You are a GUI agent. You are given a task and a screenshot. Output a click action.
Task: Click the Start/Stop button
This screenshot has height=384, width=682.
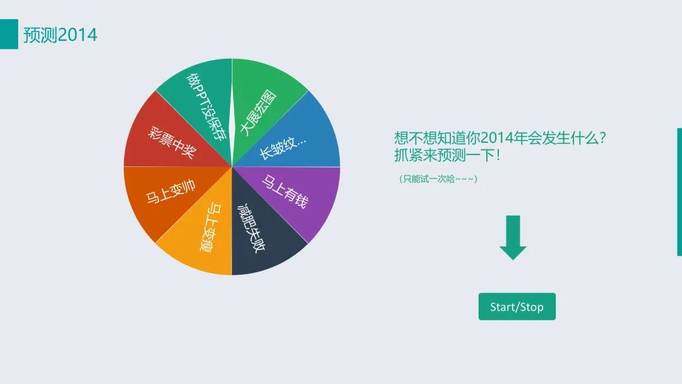click(517, 306)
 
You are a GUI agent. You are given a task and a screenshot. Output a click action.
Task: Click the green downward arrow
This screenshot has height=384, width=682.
click(513, 237)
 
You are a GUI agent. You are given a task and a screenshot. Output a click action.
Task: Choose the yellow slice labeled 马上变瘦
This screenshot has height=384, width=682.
click(205, 231)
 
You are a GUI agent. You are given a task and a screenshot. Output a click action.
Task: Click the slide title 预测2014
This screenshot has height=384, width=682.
click(60, 35)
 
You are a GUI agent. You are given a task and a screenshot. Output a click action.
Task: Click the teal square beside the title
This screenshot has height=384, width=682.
click(9, 34)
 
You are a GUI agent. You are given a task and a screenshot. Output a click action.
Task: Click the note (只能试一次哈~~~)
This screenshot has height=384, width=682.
click(438, 178)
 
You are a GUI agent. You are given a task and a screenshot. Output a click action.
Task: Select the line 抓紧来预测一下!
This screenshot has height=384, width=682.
click(447, 155)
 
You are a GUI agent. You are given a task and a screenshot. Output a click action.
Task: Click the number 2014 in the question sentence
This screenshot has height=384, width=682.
click(496, 138)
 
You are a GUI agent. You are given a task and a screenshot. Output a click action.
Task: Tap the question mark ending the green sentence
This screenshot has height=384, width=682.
click(602, 138)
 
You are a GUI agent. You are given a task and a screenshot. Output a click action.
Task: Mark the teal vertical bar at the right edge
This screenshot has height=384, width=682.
click(679, 192)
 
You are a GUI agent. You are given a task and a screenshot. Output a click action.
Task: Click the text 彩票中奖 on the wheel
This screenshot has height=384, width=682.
click(172, 142)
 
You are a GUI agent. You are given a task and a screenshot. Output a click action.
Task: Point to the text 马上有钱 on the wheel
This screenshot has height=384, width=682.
click(285, 192)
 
